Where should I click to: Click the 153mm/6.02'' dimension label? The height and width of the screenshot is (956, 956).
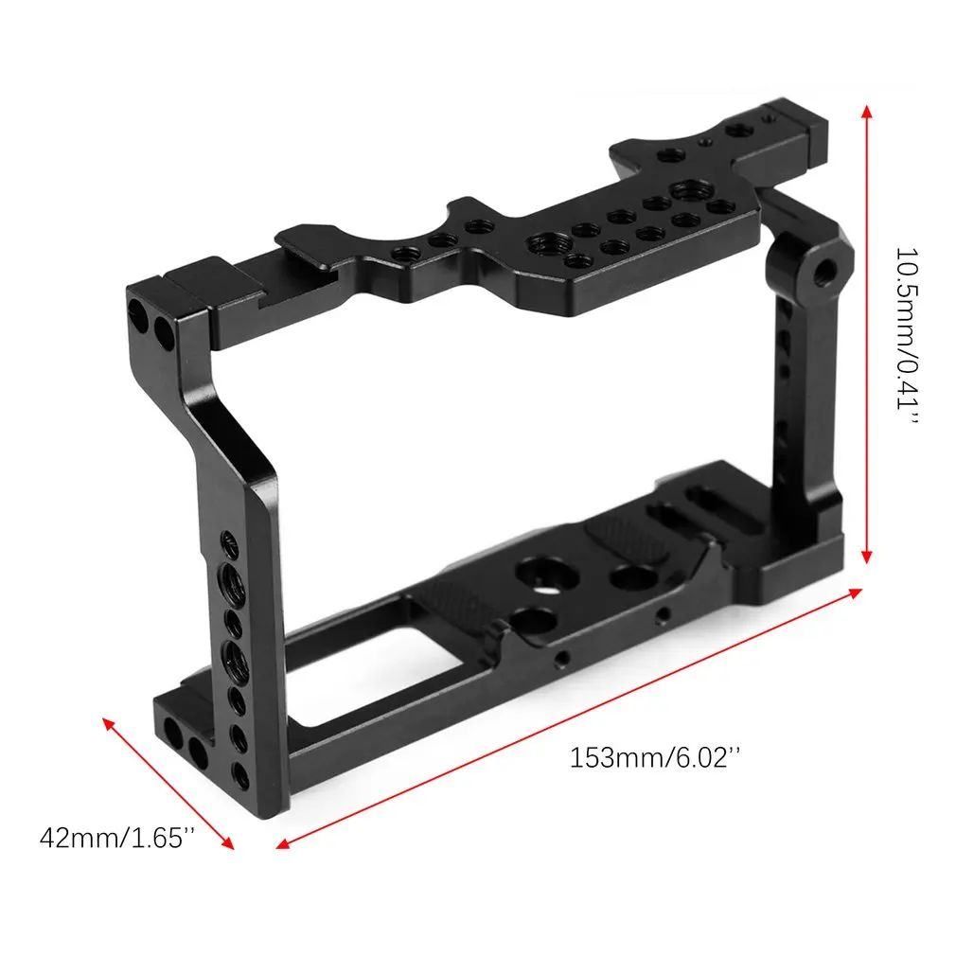pos(655,758)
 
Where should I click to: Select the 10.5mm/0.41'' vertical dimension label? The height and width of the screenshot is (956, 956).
pos(907,337)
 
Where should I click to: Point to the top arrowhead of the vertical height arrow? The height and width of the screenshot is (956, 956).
pos(866,111)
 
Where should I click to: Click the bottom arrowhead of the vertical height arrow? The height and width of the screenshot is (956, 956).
pos(866,556)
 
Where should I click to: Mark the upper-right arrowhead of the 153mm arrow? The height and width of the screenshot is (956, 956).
pos(856,592)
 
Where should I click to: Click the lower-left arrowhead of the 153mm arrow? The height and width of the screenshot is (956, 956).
pos(282,843)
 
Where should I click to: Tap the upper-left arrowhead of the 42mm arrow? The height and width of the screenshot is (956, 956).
pos(109,724)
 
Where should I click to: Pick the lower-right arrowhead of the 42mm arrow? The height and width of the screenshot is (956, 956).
pos(227,842)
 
